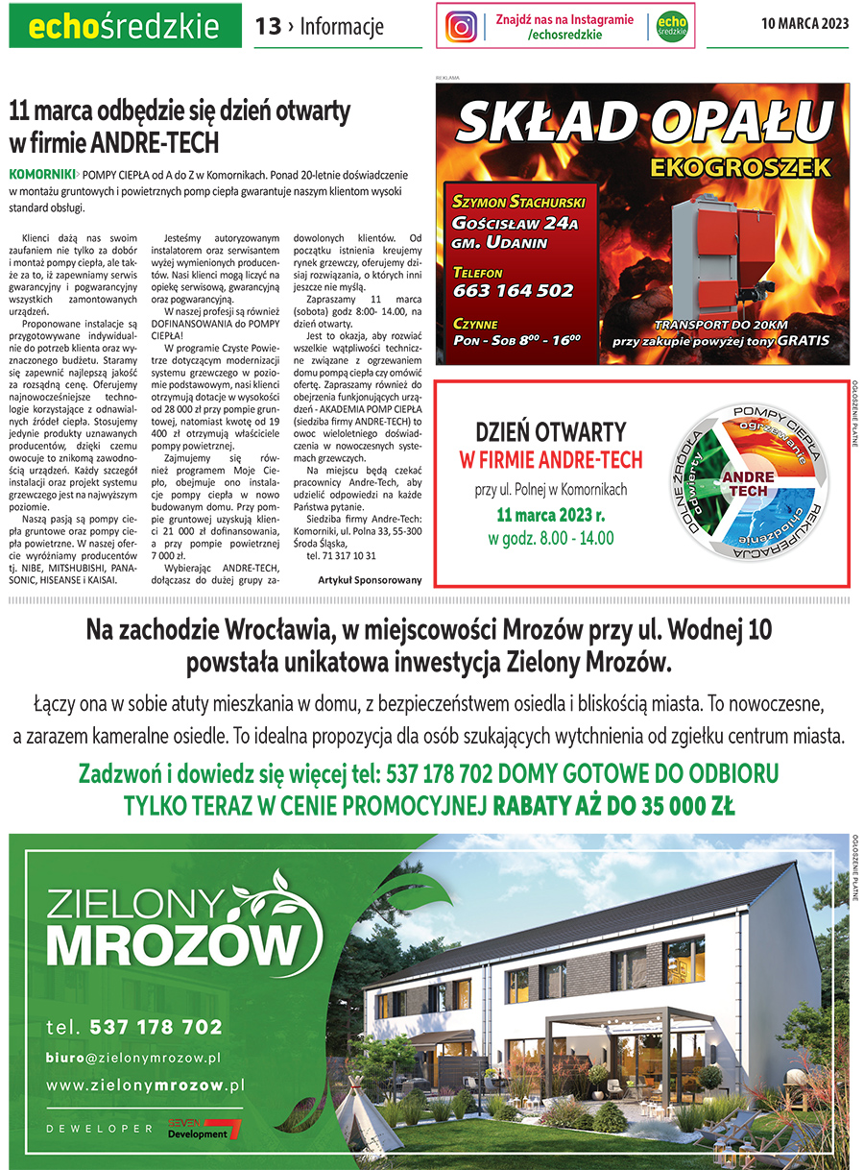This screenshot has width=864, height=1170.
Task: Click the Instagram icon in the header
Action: (462, 26)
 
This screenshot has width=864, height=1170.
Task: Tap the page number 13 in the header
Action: (268, 26)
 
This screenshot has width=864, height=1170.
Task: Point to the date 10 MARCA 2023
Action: (804, 25)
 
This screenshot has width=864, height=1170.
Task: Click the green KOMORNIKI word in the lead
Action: (41, 175)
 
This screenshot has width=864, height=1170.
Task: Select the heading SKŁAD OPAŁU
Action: (643, 123)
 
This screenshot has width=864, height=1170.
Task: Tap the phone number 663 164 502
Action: (513, 290)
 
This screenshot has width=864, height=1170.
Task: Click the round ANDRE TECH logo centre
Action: (745, 483)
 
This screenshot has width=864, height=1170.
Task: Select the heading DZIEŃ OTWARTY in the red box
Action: (551, 431)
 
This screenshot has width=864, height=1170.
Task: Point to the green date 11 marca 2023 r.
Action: (551, 515)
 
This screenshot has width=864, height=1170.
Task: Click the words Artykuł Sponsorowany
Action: (370, 580)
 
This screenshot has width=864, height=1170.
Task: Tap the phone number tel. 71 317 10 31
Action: (341, 555)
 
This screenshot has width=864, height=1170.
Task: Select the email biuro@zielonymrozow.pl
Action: (134, 1057)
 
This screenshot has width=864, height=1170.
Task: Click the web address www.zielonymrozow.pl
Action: (145, 1085)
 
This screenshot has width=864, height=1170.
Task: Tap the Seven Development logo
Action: (204, 1129)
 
